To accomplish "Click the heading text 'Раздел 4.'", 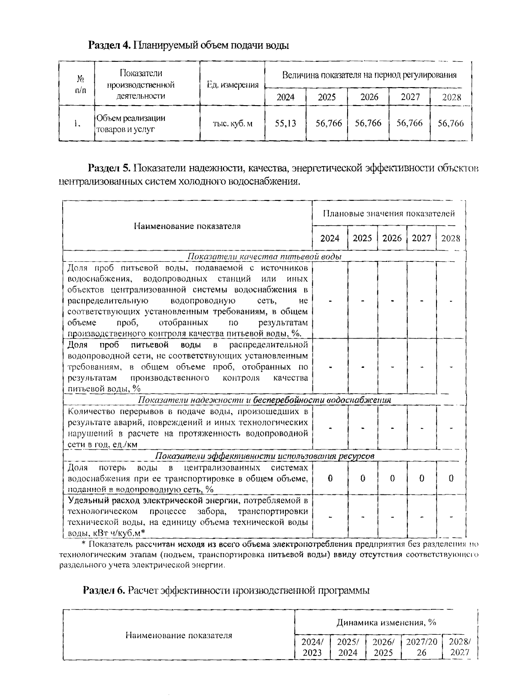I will click(x=109, y=45).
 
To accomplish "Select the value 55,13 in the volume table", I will click(x=285, y=124).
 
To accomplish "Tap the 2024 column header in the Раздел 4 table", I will click(x=285, y=97).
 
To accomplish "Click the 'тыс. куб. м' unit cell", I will click(x=233, y=124).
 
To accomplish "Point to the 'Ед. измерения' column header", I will click(x=233, y=85).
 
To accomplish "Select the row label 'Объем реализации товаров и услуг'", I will click(x=131, y=123).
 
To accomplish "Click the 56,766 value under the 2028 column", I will click(x=450, y=124).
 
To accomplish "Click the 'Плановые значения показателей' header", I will click(x=389, y=213).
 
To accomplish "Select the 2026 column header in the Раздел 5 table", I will click(x=392, y=238).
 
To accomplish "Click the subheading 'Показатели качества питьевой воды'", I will click(x=264, y=257).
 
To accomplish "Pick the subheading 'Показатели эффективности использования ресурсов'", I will click(x=264, y=456).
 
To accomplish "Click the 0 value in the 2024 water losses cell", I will click(x=330, y=478).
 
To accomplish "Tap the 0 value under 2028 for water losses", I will click(x=451, y=478).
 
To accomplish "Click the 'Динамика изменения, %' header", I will click(x=386, y=622).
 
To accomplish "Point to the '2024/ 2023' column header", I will click(x=312, y=648).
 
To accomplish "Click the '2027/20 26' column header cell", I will click(x=421, y=648).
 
